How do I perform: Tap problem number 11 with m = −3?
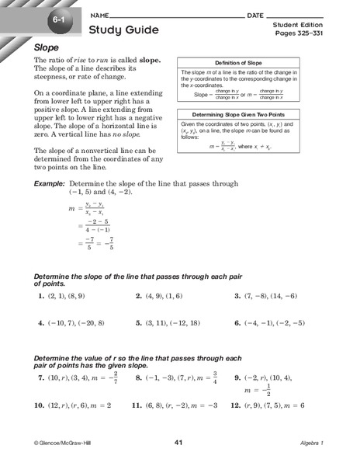[x=136, y=405]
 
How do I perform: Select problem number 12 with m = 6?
[x=235, y=405]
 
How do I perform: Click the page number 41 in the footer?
[x=179, y=442]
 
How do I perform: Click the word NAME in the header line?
[x=99, y=16]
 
